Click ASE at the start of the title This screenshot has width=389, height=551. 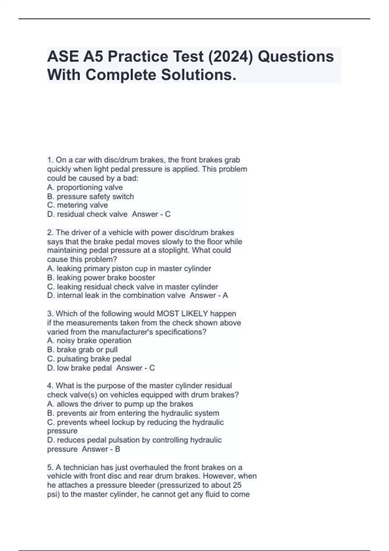tap(63, 56)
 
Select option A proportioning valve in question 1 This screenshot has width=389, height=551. tap(85, 187)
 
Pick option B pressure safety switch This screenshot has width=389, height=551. tap(90, 196)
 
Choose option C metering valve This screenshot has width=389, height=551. tap(77, 205)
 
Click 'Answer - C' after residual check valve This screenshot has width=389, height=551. tap(151, 214)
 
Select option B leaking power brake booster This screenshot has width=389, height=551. tap(101, 277)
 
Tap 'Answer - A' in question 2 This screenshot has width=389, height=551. tap(209, 295)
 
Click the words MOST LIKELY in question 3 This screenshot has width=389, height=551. tap(182, 313)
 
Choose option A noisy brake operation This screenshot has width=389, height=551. tap(89, 341)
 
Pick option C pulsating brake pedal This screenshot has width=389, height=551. tap(89, 359)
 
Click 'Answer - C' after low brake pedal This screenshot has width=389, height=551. tap(136, 368)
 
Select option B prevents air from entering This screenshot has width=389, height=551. tap(133, 413)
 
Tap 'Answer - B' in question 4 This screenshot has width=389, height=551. tap(101, 449)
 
